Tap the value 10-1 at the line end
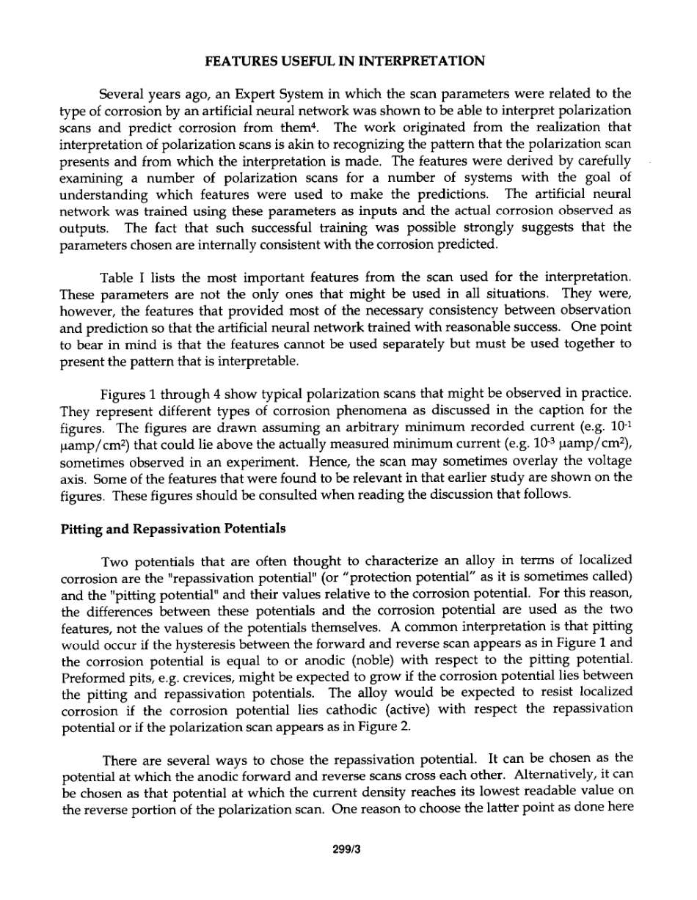coord(620,427)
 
